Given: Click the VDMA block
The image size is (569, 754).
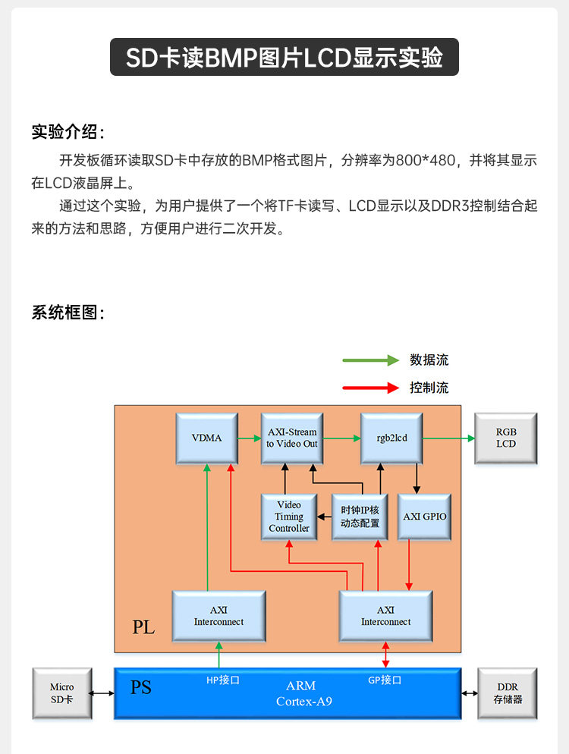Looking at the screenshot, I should click(x=206, y=438).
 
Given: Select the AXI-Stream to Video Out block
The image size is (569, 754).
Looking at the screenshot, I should click(x=292, y=438).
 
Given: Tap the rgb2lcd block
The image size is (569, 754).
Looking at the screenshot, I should click(x=391, y=438).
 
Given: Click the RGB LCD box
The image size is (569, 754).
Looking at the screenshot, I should click(x=505, y=438).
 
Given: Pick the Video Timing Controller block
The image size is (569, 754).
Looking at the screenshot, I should click(x=289, y=517).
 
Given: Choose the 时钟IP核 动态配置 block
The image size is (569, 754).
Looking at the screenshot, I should click(x=360, y=517).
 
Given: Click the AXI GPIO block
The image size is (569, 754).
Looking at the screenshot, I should click(x=424, y=517).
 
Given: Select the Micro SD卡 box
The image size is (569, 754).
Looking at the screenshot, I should click(x=63, y=693).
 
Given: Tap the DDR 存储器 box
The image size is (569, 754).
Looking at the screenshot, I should click(x=508, y=693).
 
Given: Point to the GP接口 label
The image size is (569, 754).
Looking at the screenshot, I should click(x=385, y=680).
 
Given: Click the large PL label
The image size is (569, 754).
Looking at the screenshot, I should click(x=143, y=627).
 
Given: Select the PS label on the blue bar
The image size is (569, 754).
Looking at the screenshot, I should click(x=141, y=687).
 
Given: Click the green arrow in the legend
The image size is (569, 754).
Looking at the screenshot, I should click(x=370, y=360).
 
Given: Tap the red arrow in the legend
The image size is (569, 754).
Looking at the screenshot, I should click(x=370, y=388).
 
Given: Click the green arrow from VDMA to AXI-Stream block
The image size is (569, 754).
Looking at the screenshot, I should click(x=249, y=438).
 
